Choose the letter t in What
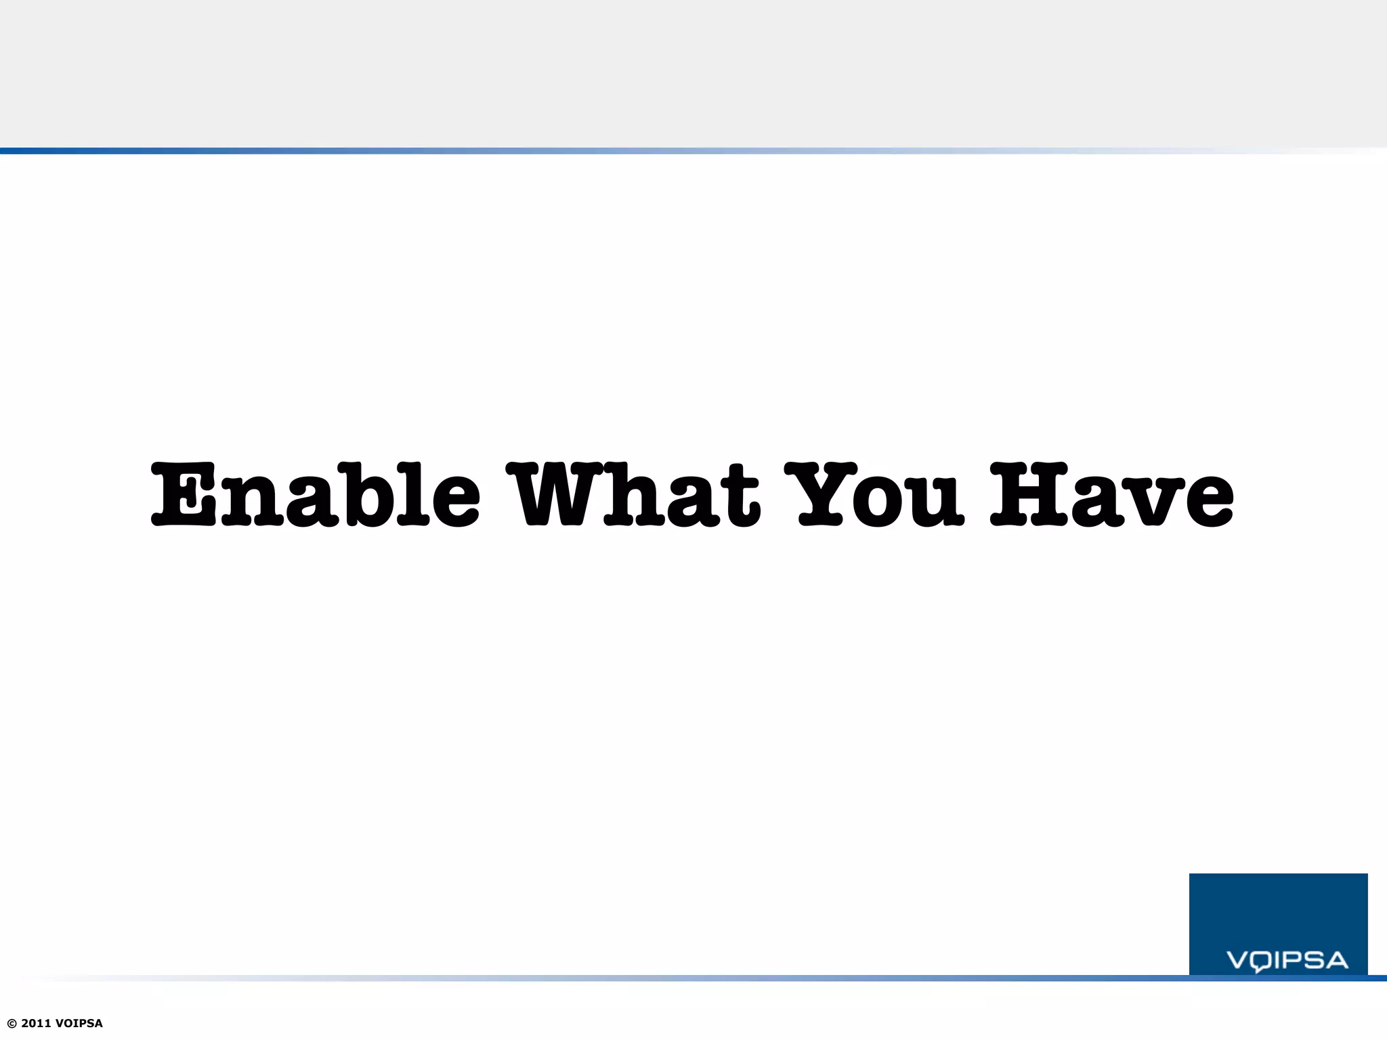741,498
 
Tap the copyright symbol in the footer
12,1024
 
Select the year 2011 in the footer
37,1024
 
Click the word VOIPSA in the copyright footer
79,1024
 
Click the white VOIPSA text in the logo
1287,960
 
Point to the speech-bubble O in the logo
1260,961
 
